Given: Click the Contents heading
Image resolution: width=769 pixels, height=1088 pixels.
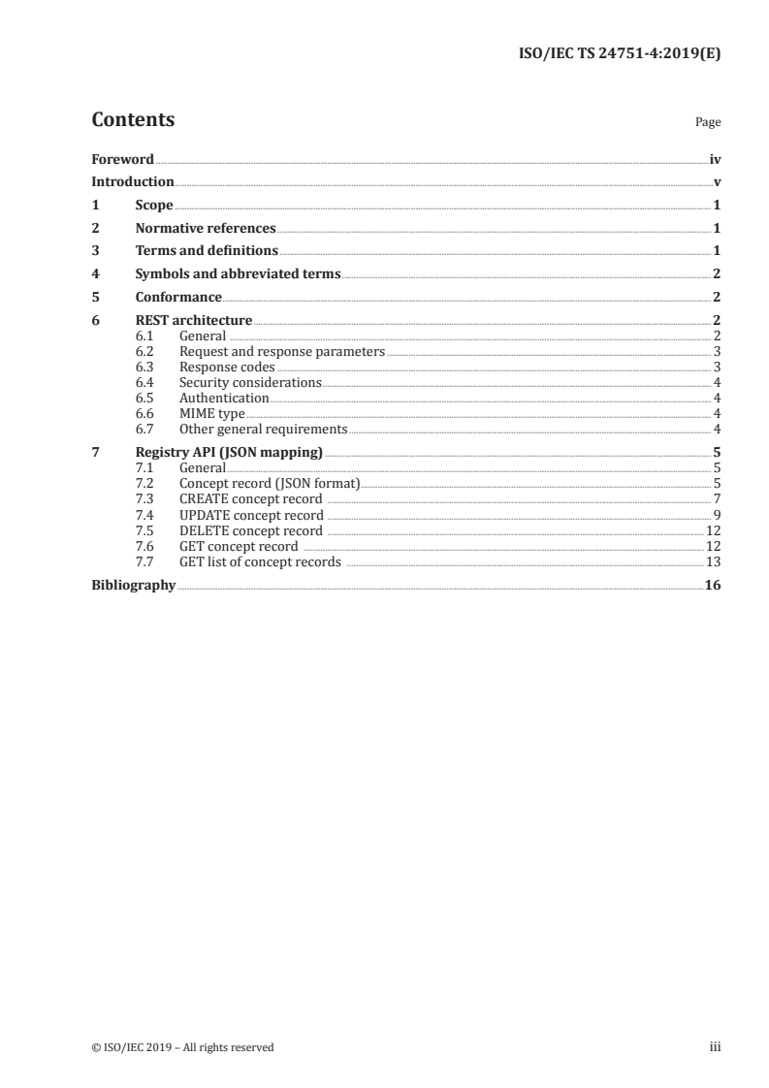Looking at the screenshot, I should point(133,120).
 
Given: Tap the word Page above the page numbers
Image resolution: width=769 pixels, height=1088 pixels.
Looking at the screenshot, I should point(708,123).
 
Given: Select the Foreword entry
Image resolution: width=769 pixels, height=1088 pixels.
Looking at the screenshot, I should point(122,159).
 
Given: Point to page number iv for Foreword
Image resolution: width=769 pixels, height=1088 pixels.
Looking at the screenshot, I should point(715,159).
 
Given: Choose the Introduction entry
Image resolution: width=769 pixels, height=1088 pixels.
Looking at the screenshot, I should point(133,181).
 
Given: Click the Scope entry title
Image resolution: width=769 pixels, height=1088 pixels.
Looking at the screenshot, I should point(154,205).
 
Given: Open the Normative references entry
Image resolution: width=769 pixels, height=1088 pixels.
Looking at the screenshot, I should point(206,228).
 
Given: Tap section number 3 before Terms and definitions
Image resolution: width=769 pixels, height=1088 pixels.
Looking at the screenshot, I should point(95,250).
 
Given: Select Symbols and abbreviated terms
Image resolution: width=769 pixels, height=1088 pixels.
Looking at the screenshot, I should point(238,273).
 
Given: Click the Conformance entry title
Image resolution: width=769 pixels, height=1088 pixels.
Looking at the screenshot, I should point(178,297).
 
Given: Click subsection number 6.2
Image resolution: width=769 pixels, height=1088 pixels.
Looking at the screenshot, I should point(144,351).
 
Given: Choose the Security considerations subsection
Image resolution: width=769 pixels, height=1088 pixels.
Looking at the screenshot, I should point(250,382).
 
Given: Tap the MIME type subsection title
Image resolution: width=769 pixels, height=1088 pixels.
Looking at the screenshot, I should point(212,413).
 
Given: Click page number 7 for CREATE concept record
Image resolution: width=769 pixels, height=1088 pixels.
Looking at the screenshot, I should point(717,498).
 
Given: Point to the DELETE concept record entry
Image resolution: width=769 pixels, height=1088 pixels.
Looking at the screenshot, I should point(251,530).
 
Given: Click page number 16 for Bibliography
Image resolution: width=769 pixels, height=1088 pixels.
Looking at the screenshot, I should point(713,585).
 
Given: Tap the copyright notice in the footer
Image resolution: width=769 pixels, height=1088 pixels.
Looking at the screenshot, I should point(182,1046).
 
